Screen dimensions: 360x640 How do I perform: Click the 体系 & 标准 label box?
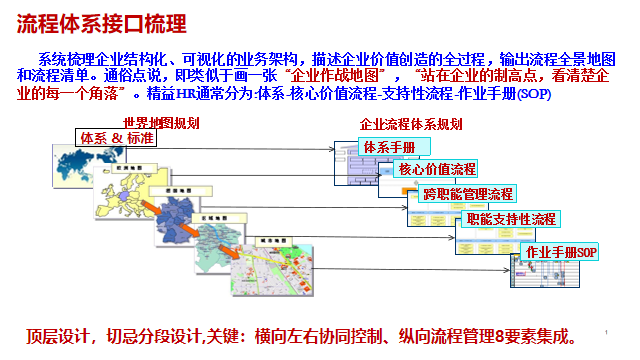pyautogui.click(x=117, y=138)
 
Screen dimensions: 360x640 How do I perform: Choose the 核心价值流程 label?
pyautogui.click(x=437, y=169)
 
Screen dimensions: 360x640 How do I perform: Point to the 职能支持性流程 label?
pyautogui.click(x=510, y=219)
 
